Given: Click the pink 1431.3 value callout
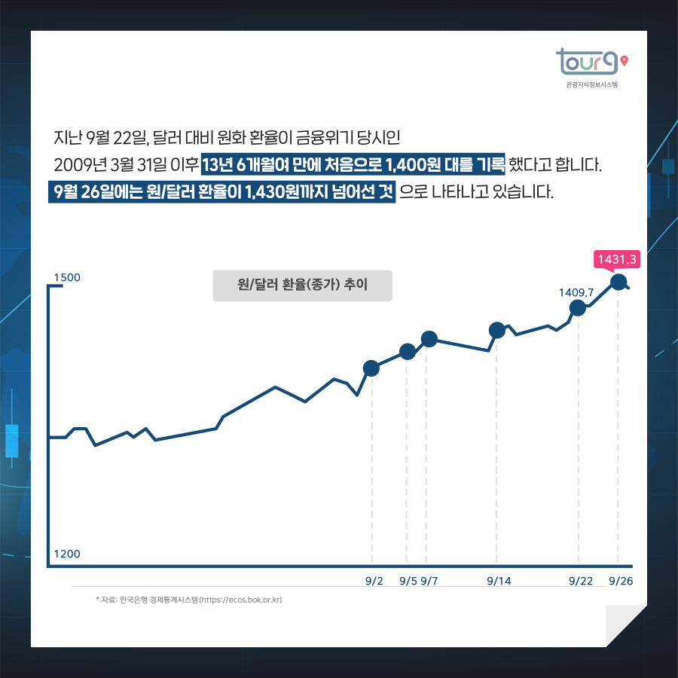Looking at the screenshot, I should coord(617,260).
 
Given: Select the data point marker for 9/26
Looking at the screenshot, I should coord(618,282).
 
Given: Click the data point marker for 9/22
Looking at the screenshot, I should coord(578,307).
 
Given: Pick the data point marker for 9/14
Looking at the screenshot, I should coord(497,330).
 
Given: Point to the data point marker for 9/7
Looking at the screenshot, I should coord(429,339).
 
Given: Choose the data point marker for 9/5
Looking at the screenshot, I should coord(408,352).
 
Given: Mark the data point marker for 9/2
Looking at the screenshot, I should coord(371,368).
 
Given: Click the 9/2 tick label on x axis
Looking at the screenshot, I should coord(374,581).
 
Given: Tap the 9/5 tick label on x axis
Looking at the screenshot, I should coord(408,581).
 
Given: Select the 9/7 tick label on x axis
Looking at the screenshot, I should coord(430,581).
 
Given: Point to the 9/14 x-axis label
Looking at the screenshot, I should coord(499,581).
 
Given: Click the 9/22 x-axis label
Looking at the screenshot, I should coord(580,581).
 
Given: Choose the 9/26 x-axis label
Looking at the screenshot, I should coord(621,581).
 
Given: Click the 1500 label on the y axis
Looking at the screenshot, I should coord(67,277).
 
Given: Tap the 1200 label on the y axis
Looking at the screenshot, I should coord(67,554).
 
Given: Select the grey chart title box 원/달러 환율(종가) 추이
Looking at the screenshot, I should coord(302,286).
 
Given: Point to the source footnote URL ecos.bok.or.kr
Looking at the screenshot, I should coord(240,600).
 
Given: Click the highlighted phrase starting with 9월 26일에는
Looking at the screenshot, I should coord(222,192).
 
